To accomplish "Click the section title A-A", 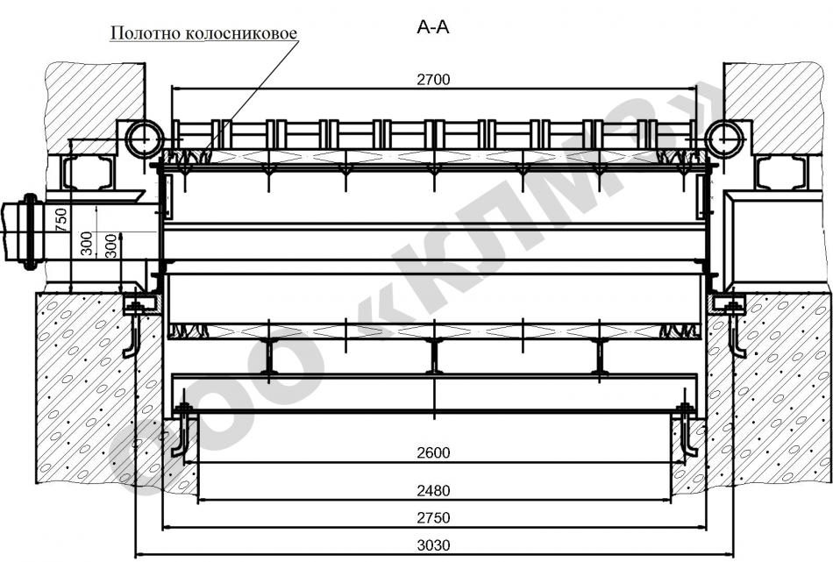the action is click(432, 27).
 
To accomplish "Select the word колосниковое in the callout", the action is click(241, 33).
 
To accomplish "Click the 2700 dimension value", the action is click(433, 80).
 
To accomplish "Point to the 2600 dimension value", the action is click(433, 453).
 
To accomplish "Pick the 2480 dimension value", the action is click(433, 490).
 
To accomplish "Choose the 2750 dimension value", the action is click(433, 518).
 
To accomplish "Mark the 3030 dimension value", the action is click(433, 545).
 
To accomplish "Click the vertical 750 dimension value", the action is click(61, 219).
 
